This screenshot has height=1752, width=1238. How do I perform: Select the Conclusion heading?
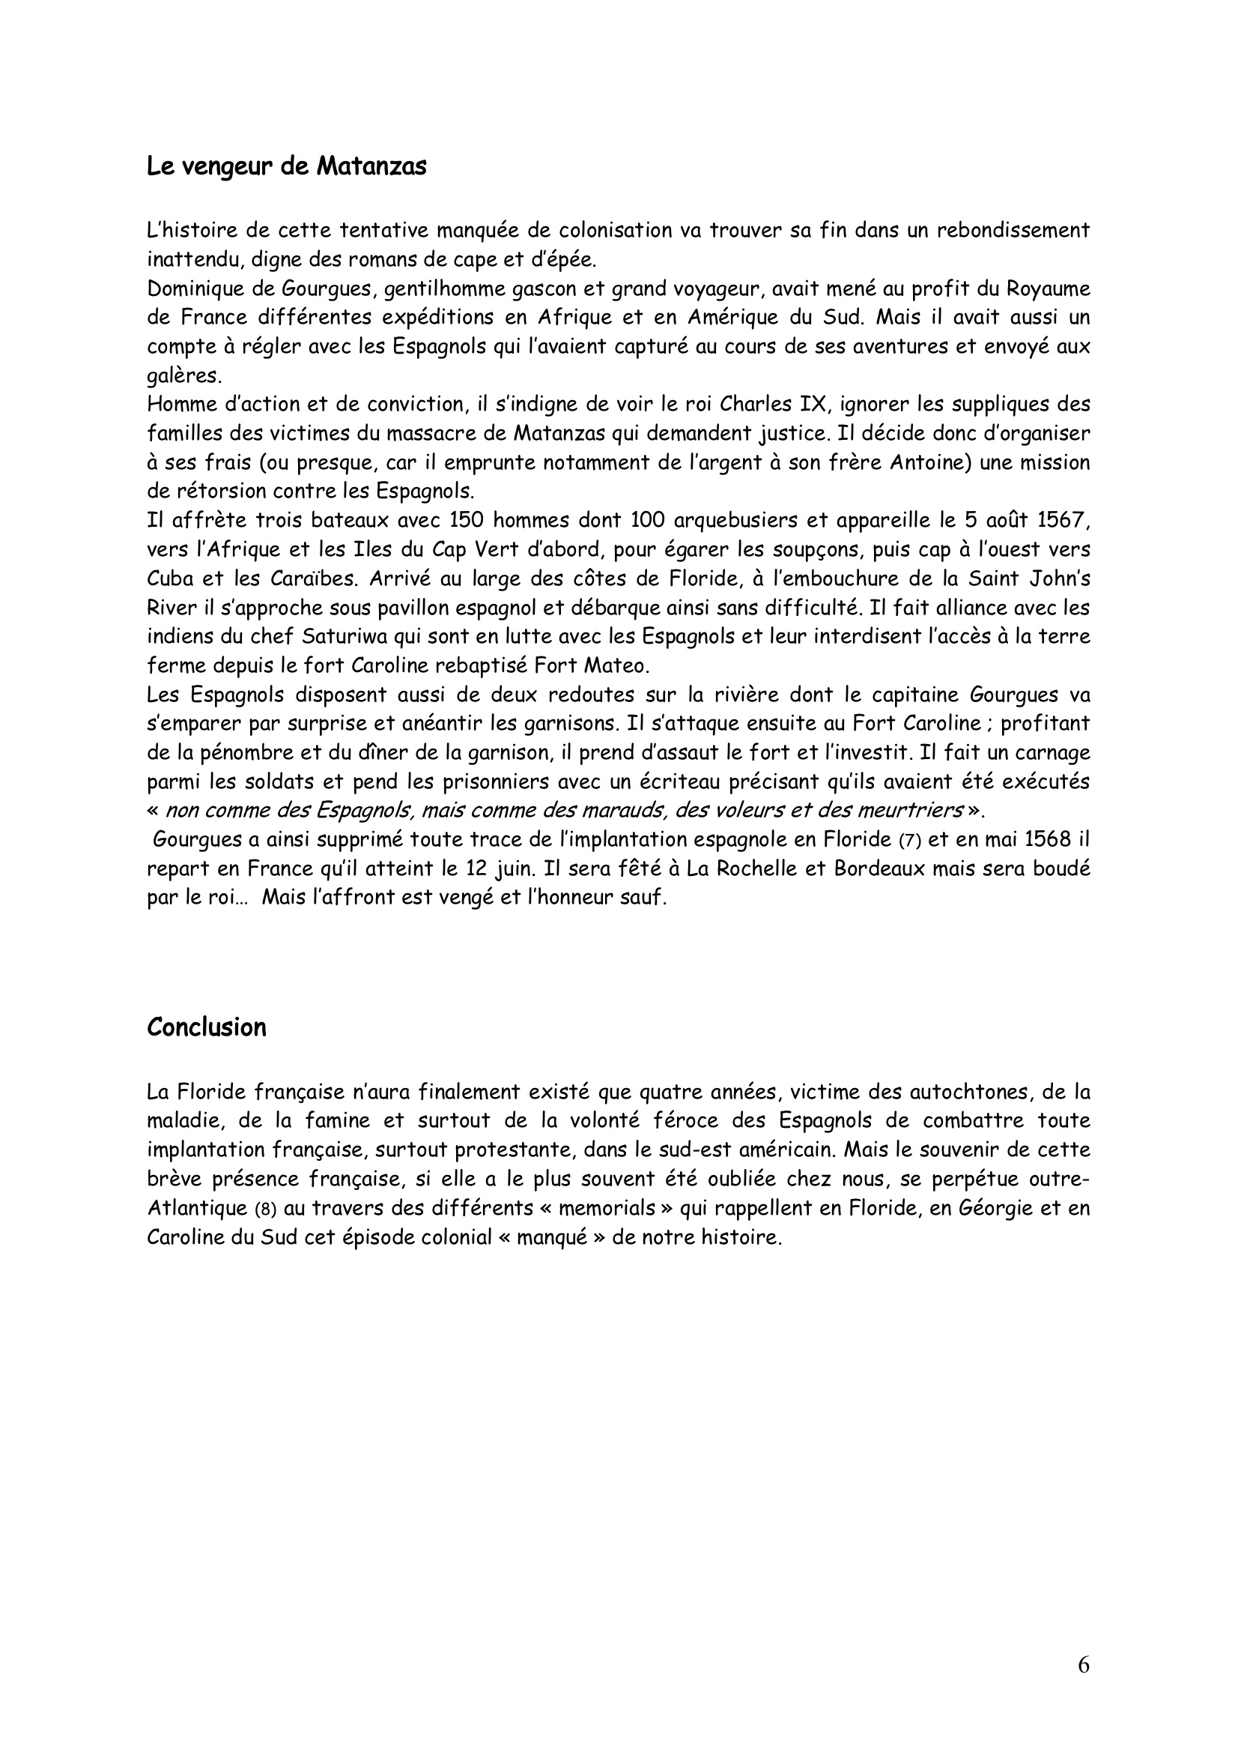click(207, 1027)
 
